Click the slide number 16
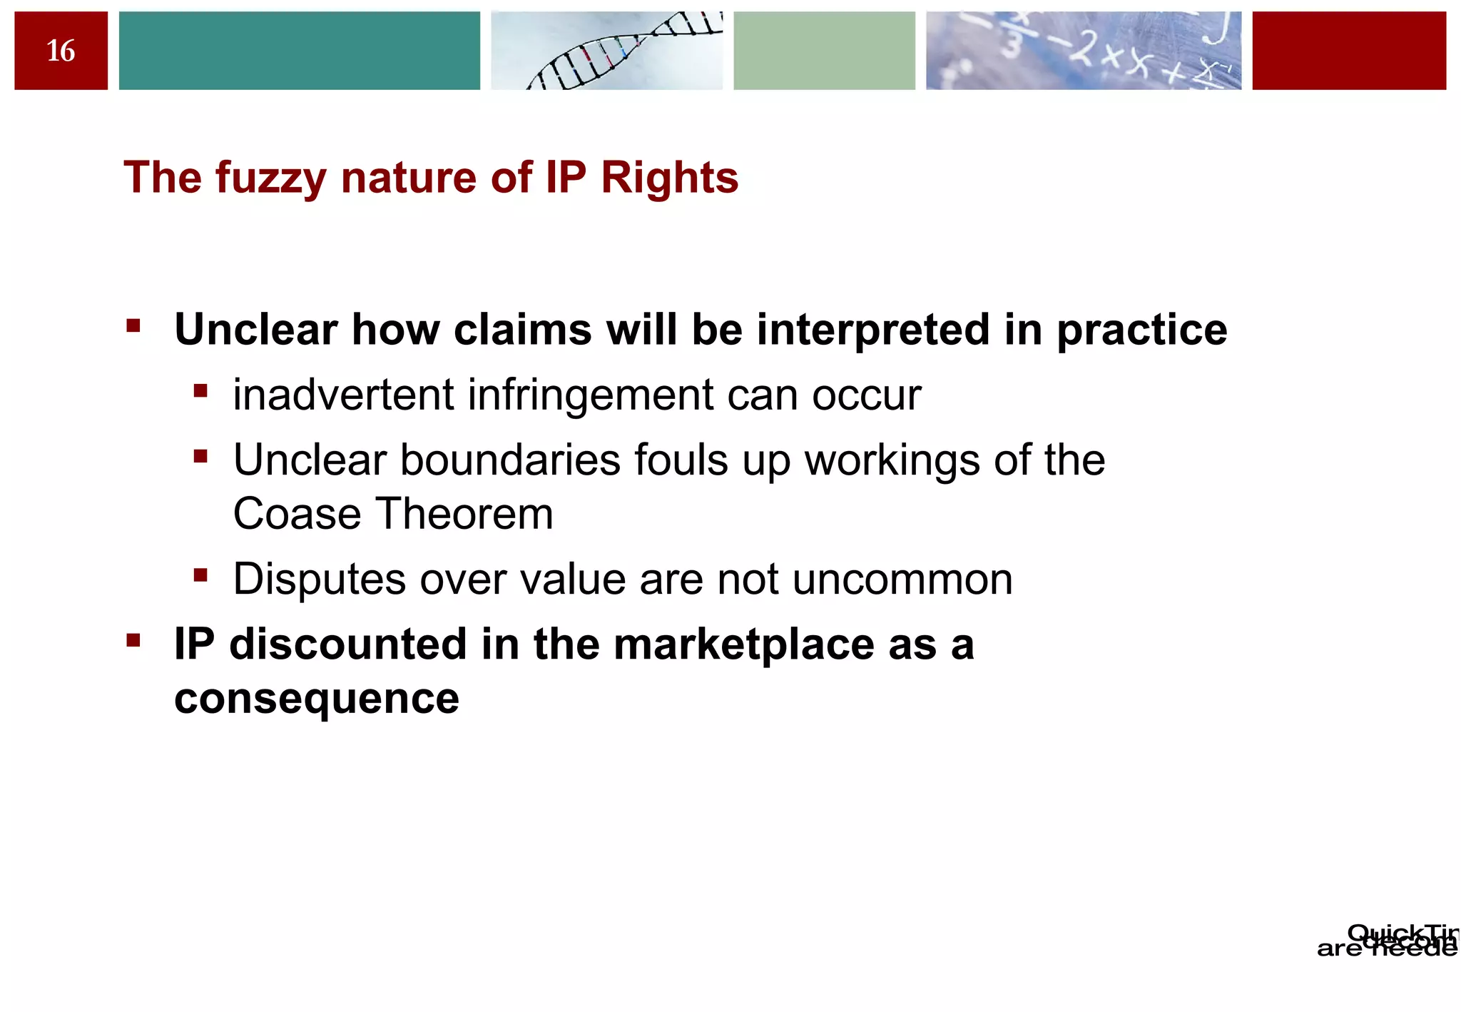point(61,51)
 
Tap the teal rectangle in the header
point(299,51)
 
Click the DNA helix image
point(606,51)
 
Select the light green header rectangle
point(824,51)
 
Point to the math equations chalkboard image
point(1083,51)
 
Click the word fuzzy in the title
point(270,178)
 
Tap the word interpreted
point(872,331)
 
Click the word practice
point(1141,331)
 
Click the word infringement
point(590,396)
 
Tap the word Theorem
point(464,514)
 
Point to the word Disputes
point(320,579)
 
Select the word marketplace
point(744,644)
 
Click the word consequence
point(317,699)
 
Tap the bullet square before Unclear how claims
point(133,327)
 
